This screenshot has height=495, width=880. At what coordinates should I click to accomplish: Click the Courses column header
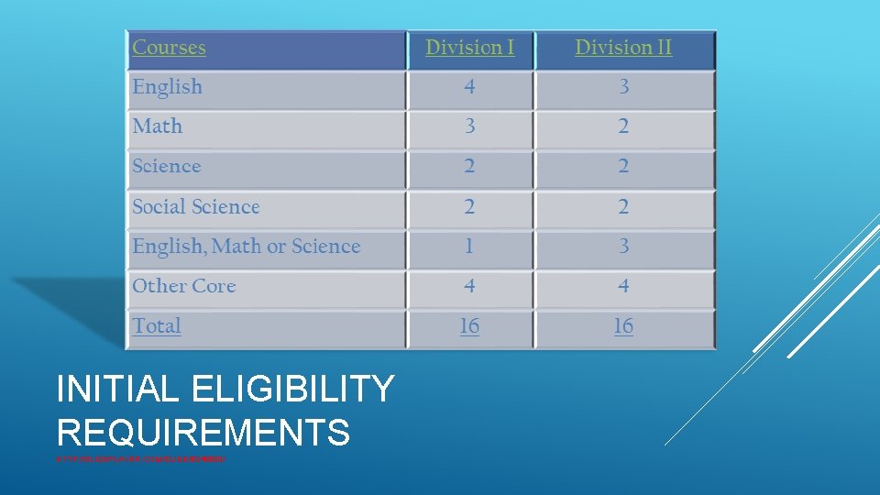[x=170, y=48]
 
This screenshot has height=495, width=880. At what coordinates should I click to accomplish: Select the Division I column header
[x=469, y=48]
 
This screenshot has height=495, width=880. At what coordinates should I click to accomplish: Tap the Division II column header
[x=623, y=48]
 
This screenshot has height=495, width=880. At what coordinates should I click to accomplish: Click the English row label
[x=168, y=87]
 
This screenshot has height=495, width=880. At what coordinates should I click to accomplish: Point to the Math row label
[x=158, y=126]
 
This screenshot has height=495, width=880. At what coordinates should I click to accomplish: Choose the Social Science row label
[x=196, y=207]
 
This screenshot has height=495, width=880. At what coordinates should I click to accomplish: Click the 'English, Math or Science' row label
[x=247, y=247]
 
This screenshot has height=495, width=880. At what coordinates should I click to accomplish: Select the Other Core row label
[x=184, y=286]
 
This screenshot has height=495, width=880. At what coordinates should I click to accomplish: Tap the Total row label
[x=157, y=326]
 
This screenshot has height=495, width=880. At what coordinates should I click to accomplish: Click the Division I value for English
[x=469, y=87]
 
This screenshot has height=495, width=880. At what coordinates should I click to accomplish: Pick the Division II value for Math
[x=623, y=126]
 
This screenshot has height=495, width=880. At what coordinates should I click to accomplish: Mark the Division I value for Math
[x=469, y=126]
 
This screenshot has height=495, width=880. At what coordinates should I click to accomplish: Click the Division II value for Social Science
[x=623, y=207]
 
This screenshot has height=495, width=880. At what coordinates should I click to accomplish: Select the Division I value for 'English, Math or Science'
[x=469, y=247]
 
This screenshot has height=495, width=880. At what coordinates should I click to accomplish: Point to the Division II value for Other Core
[x=623, y=286]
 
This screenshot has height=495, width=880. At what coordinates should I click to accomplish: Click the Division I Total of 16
[x=469, y=326]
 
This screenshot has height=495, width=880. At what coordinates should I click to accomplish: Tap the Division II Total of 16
[x=623, y=326]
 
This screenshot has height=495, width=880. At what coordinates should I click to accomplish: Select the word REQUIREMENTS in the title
[x=203, y=432]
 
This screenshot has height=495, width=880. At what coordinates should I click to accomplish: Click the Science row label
[x=167, y=167]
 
